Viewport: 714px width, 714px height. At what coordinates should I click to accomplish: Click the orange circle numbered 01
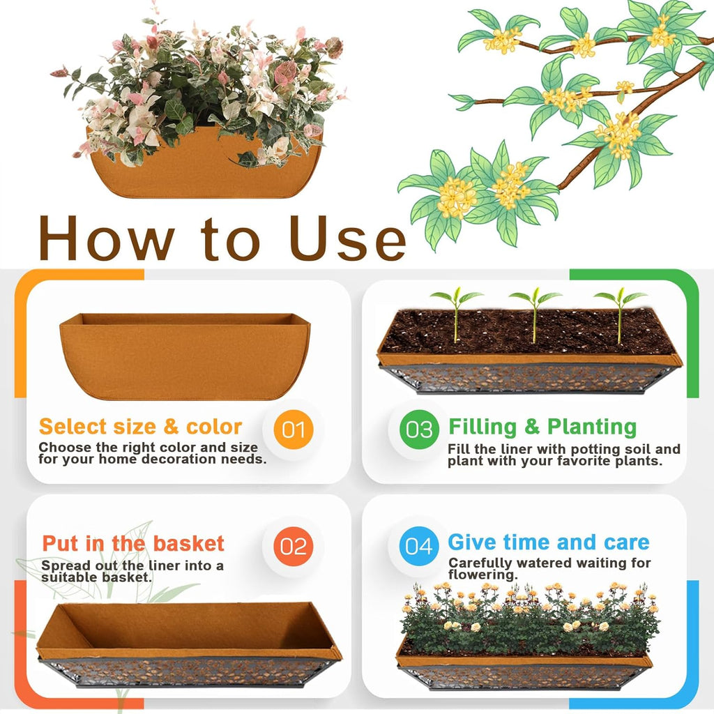(x=294, y=429)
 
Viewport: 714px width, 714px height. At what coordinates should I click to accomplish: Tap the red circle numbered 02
(x=294, y=546)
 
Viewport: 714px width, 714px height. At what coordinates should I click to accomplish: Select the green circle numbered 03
(x=419, y=429)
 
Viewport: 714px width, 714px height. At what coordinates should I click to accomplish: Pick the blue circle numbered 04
(x=419, y=546)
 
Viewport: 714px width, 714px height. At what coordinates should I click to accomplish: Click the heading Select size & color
(x=140, y=427)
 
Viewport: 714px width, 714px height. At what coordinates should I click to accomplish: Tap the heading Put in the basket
(x=133, y=544)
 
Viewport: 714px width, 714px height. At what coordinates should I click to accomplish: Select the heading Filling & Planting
(x=542, y=427)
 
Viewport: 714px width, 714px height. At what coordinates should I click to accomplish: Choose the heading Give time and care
(x=548, y=542)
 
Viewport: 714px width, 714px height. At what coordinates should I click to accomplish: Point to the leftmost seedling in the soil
(x=456, y=314)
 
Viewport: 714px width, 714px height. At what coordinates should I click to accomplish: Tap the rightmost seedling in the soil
(x=619, y=314)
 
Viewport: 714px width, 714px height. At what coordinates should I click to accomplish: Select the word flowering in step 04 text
(x=483, y=575)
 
